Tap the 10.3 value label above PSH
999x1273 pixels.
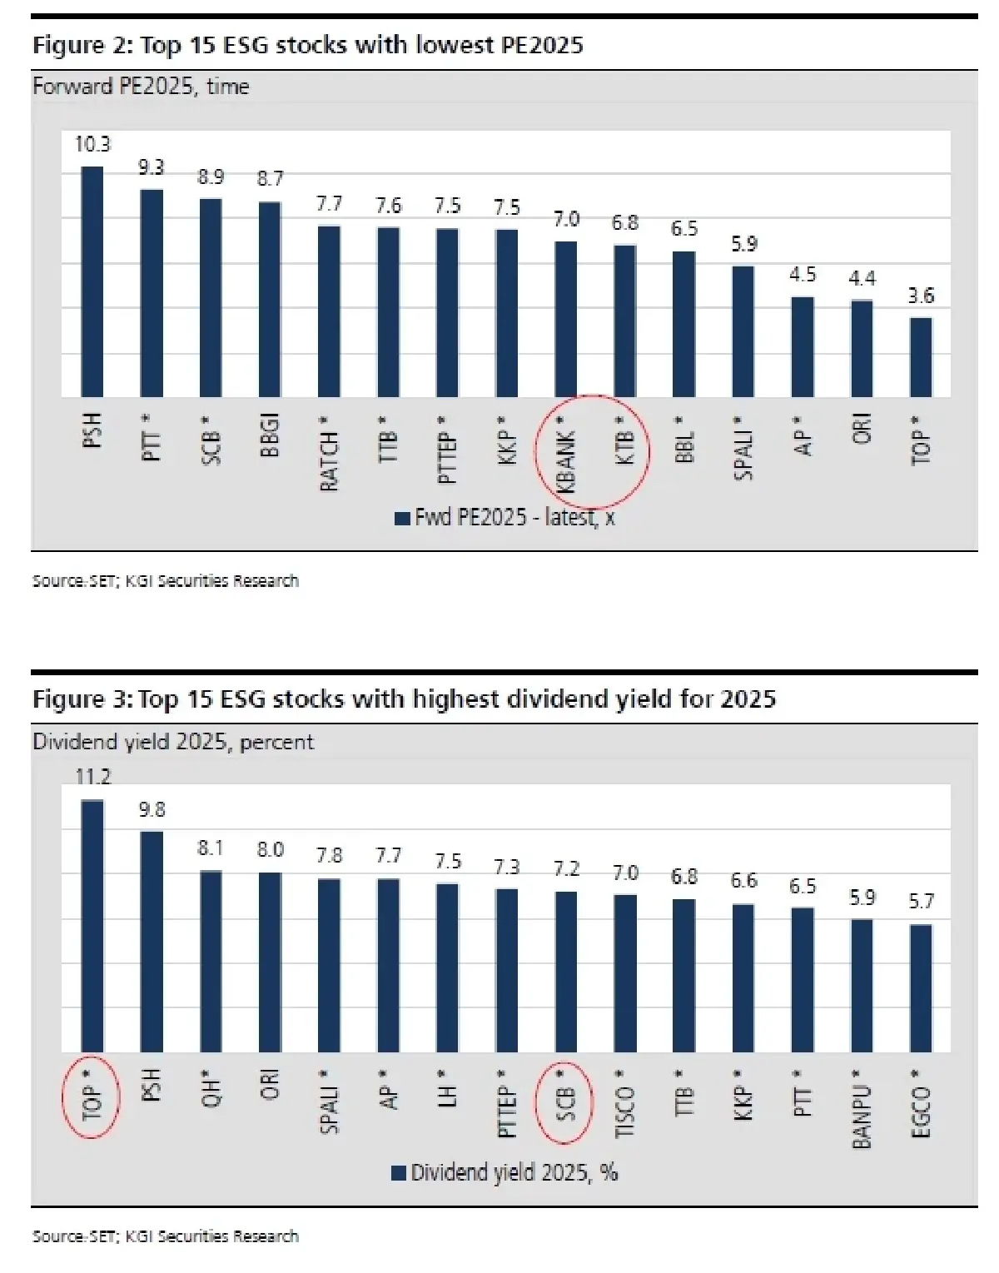92,145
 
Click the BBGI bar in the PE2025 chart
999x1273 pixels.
270,299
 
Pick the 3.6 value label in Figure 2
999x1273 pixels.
921,296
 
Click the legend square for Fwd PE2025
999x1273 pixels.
402,518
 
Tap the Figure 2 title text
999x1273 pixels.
307,45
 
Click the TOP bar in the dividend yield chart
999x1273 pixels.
92,926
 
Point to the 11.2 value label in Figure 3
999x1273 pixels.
92,777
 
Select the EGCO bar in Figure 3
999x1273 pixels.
921,988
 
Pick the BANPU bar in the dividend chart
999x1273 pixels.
862,986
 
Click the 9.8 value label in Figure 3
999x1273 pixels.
152,809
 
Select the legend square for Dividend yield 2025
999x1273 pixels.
399,1173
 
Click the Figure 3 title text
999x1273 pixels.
404,699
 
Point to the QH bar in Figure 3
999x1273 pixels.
211,962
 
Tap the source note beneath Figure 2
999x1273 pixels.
165,581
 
